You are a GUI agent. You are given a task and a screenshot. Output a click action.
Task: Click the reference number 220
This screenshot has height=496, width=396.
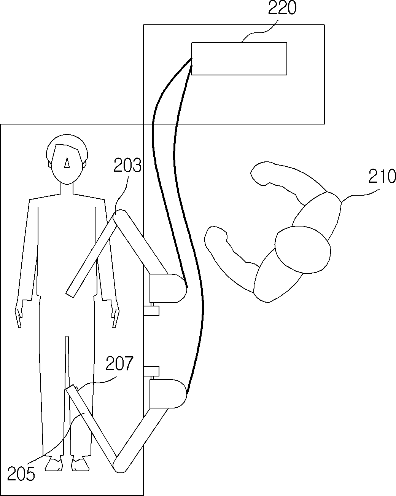pyautogui.click(x=282, y=8)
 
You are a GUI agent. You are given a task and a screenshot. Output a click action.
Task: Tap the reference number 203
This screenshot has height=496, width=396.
pyautogui.click(x=127, y=165)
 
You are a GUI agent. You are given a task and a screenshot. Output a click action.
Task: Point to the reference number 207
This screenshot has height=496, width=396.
pyautogui.click(x=119, y=363)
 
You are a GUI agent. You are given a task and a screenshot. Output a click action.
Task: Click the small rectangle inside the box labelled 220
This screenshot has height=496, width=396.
pyautogui.click(x=239, y=59)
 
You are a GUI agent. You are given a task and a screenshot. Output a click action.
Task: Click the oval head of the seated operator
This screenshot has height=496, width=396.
pyautogui.click(x=303, y=250)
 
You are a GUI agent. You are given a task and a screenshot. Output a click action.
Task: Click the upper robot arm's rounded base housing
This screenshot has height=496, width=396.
pyautogui.click(x=168, y=288)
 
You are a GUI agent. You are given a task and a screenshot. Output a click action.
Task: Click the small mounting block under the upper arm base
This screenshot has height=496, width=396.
pyautogui.click(x=151, y=311)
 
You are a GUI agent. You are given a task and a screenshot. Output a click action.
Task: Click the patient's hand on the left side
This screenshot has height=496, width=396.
pyautogui.click(x=19, y=314)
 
